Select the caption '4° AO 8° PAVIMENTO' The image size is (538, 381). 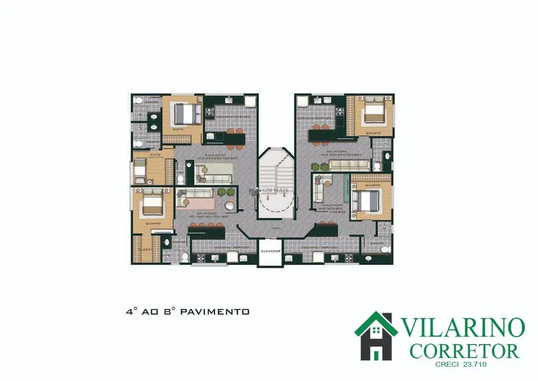(187, 312)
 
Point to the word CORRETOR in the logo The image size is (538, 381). (465, 351)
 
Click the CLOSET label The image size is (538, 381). (144, 249)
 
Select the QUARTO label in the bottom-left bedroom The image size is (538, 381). (154, 223)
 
